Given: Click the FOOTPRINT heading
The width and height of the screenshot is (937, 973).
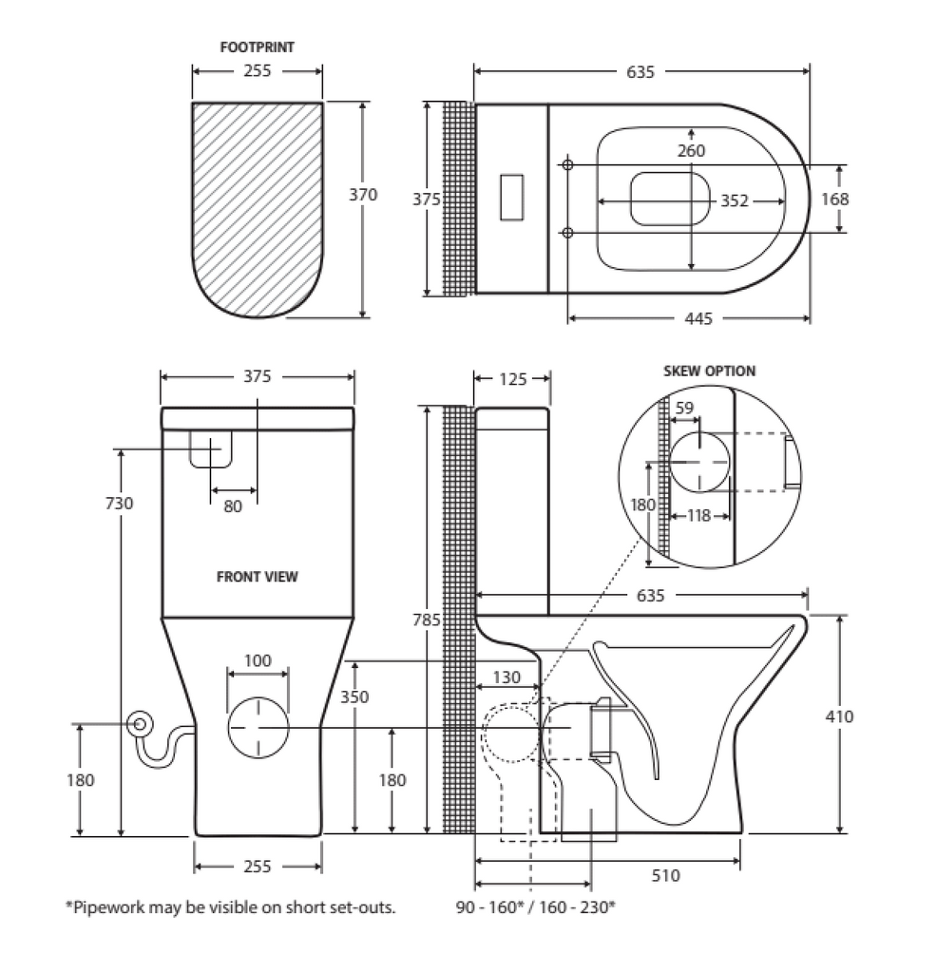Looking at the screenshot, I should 257,46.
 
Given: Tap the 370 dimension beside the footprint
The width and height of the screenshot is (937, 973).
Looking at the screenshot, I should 363,195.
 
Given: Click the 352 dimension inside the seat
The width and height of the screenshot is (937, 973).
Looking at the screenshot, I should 734,200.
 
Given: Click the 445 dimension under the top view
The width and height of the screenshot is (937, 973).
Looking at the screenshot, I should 698,318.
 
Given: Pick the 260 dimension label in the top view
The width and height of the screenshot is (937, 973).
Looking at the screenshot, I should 692,150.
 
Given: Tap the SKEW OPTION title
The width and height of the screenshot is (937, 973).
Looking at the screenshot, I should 709,372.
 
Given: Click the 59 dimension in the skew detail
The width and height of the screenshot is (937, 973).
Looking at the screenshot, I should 683,409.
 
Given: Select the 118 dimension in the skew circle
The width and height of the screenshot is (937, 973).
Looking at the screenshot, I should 699,516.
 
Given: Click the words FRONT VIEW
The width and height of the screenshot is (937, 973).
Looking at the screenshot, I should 257,576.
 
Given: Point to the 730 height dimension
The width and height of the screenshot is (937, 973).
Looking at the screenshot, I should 120,503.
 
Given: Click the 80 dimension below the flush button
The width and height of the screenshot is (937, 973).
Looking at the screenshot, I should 233,506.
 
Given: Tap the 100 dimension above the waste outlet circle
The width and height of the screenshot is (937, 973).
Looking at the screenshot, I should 258,660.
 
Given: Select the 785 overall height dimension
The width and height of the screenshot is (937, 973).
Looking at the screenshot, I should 427,620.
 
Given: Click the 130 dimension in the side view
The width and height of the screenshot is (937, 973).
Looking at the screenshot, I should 508,677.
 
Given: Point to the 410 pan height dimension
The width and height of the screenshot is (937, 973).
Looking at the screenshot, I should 840,715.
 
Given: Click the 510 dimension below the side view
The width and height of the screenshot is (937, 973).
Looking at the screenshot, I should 666,875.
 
